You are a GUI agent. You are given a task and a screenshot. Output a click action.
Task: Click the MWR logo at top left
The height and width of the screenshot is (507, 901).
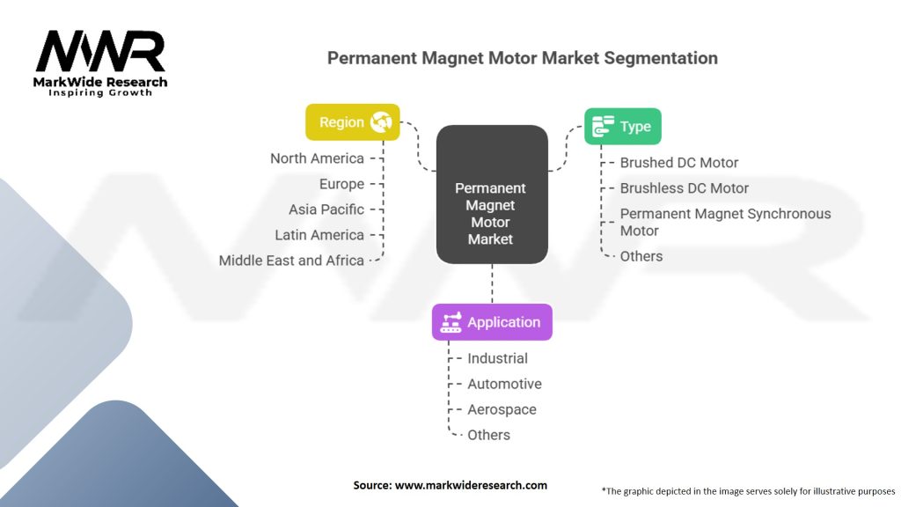coord(100,53)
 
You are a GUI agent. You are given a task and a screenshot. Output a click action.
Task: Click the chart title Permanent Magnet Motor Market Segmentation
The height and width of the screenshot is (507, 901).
coord(522,58)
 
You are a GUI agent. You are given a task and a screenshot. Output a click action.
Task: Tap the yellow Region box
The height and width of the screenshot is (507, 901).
coord(352,122)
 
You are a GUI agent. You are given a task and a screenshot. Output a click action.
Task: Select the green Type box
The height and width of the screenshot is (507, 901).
coord(623,127)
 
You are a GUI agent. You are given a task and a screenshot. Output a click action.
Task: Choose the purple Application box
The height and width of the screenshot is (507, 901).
coord(492,322)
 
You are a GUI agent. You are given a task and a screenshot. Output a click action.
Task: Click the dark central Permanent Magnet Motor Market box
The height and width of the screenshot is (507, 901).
coord(491,213)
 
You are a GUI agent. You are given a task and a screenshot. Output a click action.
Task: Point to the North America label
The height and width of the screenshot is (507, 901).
coord(317,158)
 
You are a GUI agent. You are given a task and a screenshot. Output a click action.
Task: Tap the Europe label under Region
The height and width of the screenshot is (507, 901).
coord(341,184)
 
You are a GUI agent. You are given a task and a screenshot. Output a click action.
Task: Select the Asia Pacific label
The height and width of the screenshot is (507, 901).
coord(326,209)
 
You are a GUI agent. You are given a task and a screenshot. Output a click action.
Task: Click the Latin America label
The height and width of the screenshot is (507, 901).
coord(319,235)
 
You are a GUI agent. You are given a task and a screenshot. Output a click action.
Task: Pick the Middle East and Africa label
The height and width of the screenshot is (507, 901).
coord(291,261)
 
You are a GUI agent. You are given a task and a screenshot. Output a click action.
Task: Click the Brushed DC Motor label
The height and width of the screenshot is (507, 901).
coord(678,163)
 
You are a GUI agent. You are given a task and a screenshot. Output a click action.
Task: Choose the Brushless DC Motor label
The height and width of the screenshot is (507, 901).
coord(684,188)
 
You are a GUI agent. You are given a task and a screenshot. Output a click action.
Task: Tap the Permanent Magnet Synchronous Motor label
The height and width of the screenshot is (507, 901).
coord(725,222)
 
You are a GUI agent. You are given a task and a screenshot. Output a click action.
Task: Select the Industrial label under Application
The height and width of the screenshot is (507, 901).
coord(497,358)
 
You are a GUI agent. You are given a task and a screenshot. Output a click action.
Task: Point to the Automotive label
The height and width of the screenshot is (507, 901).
coord(504,384)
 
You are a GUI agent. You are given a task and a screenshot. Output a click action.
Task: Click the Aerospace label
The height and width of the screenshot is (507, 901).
coord(502,409)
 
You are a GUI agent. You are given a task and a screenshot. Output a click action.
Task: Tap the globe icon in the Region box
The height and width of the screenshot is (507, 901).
coord(381,122)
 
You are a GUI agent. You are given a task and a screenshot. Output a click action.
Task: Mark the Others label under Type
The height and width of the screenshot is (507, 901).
coord(641,256)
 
